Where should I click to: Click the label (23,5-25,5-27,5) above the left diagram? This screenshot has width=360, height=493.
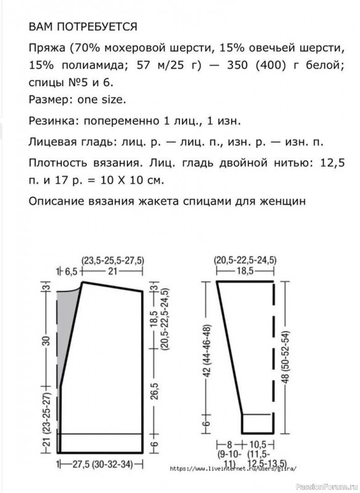(115, 259)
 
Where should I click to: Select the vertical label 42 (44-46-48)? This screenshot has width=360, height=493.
(207, 345)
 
